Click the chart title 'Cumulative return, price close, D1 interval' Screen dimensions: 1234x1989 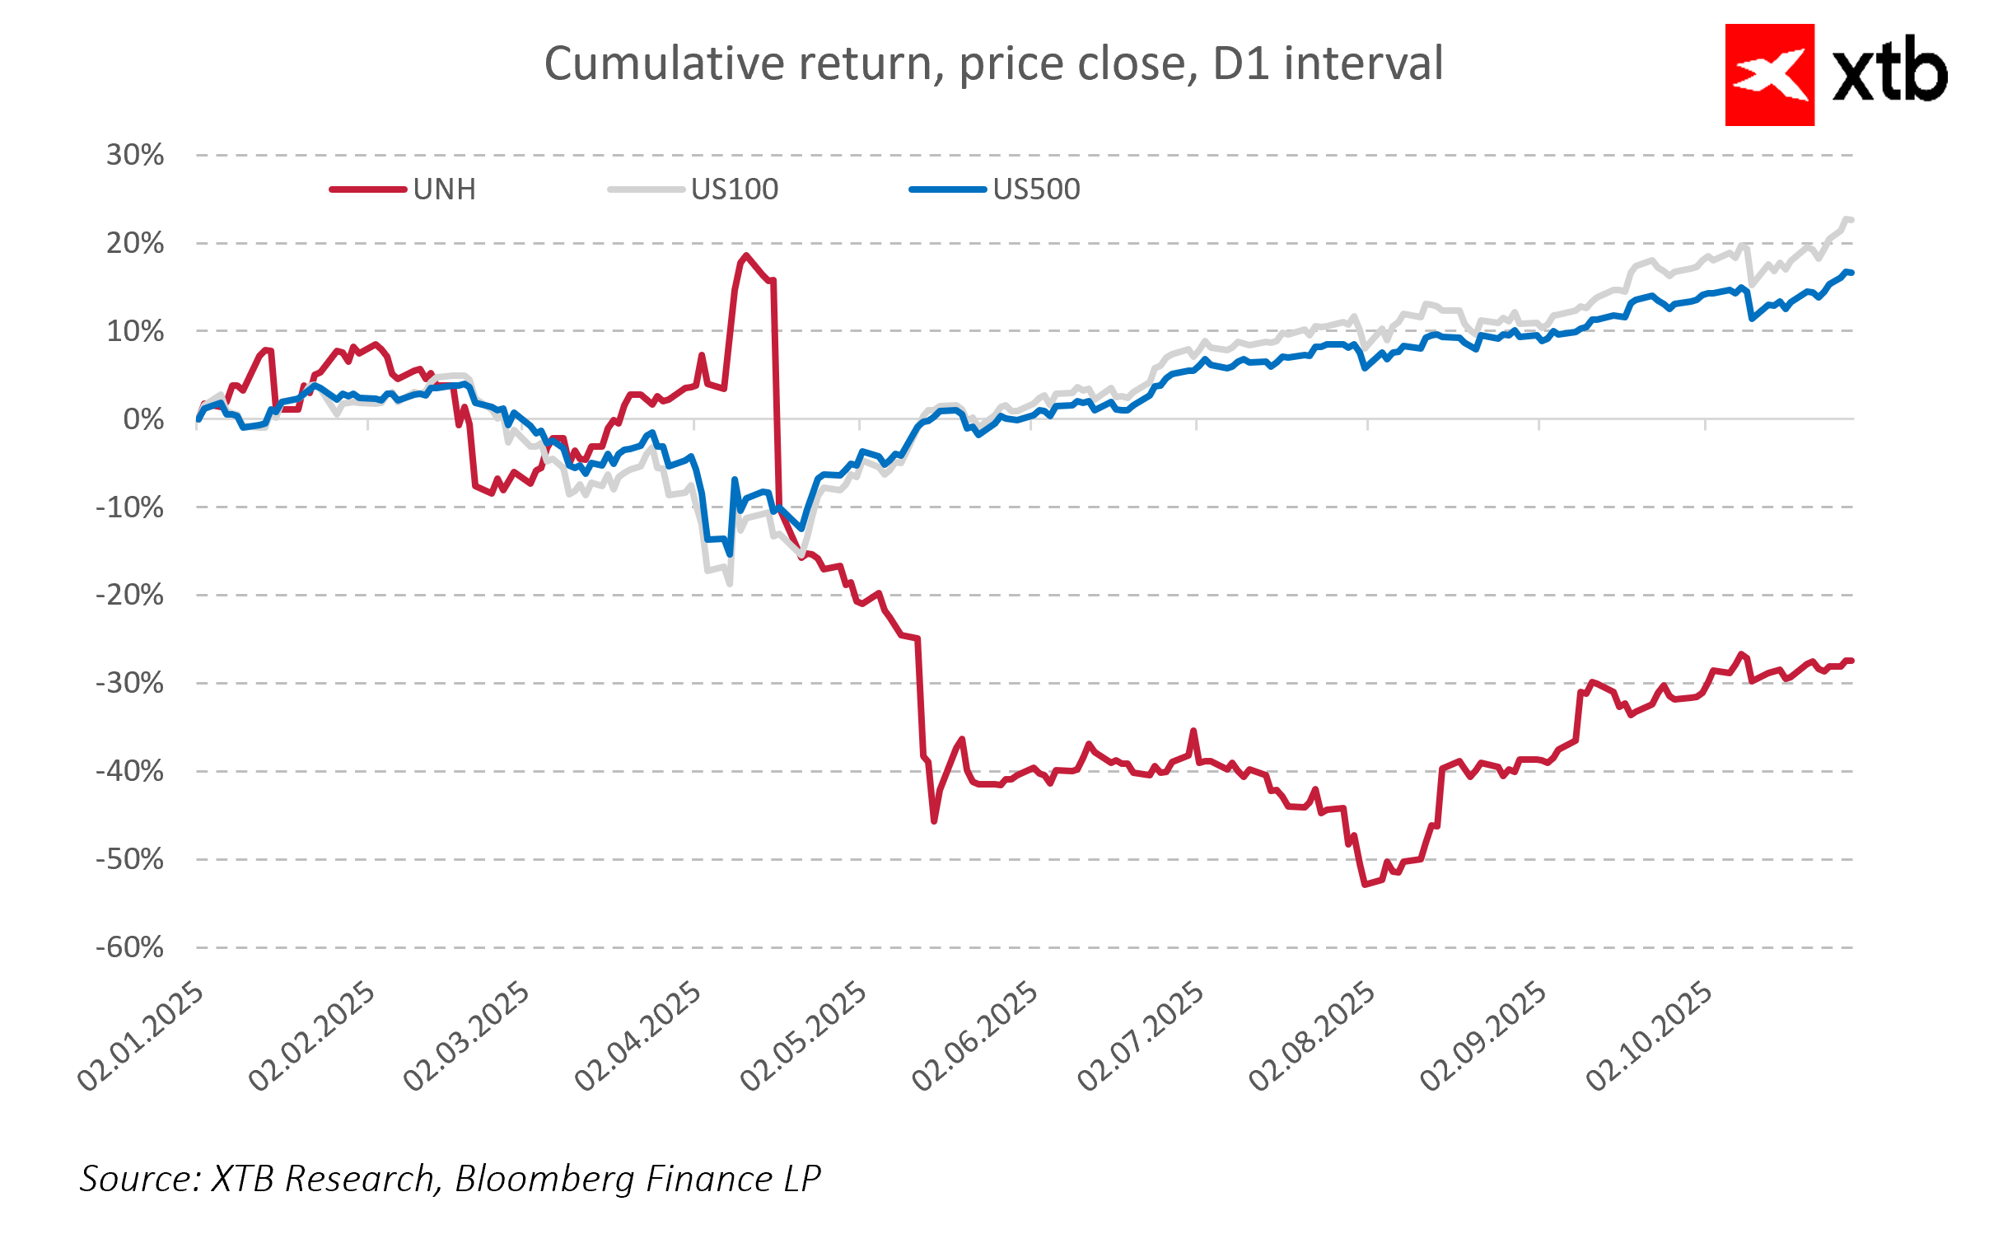(x=993, y=64)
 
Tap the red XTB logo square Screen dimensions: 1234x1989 (x=1769, y=75)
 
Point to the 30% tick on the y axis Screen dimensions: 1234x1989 (x=135, y=155)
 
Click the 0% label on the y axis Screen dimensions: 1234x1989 (x=143, y=419)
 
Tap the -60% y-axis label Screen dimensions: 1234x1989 (x=130, y=947)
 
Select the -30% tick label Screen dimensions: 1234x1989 (x=130, y=683)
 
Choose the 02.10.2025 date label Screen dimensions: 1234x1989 (x=1650, y=1036)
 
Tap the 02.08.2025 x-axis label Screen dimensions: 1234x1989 (x=1313, y=1036)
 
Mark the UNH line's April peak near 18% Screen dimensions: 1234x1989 (x=746, y=256)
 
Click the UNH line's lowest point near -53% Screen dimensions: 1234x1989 (x=1365, y=885)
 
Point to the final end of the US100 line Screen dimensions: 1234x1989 (x=1851, y=220)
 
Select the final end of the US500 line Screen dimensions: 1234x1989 (x=1851, y=273)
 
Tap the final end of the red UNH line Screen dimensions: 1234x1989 (x=1851, y=661)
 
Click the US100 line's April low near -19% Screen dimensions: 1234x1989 (x=730, y=583)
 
